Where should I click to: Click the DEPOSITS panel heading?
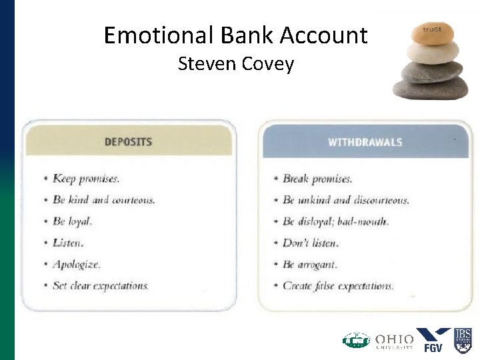point(128,142)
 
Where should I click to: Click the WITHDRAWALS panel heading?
point(365,142)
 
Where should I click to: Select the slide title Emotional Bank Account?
point(235,35)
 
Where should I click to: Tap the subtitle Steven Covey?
point(235,65)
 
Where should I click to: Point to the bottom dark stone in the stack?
point(430,89)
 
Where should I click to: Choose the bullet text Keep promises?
point(86,179)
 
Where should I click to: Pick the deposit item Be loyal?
point(72,221)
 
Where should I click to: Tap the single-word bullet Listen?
point(68,243)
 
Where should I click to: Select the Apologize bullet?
point(77,264)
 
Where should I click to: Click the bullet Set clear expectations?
point(101,285)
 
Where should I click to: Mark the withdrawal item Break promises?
point(317,179)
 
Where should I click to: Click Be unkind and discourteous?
point(345,200)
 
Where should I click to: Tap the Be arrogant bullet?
point(310,264)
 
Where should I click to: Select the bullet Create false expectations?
point(338,285)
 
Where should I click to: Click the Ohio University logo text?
point(394,341)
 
